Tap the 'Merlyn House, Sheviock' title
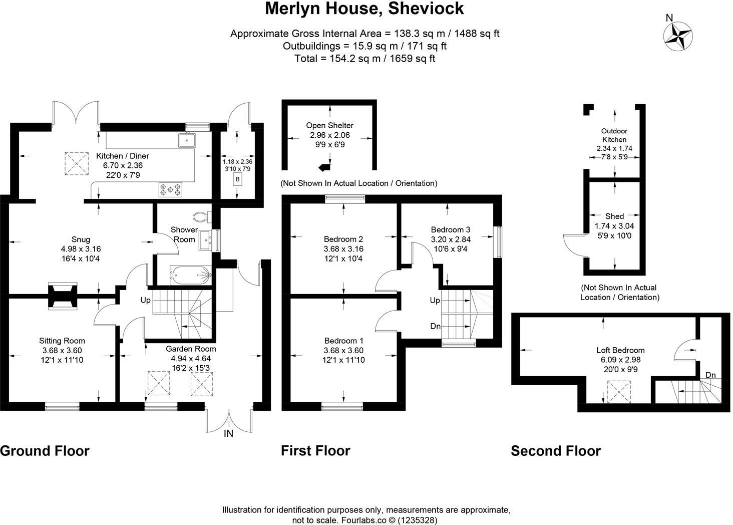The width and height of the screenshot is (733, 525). click(x=364, y=9)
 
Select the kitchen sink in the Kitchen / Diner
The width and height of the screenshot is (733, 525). click(x=186, y=140)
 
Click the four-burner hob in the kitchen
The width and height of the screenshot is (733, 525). click(x=170, y=189)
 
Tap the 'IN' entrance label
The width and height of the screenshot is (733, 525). click(x=228, y=434)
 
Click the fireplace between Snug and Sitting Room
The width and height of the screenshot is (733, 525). click(x=63, y=295)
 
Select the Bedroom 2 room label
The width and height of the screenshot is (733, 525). click(x=343, y=239)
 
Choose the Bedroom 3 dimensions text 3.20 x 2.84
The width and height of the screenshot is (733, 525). click(x=451, y=239)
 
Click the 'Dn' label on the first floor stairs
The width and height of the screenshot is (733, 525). click(x=435, y=326)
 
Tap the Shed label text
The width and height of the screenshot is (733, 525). click(x=614, y=216)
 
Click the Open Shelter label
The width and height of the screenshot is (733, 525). click(x=329, y=125)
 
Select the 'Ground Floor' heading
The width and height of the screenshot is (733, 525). click(x=45, y=451)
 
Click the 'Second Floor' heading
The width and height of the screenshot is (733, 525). click(x=555, y=451)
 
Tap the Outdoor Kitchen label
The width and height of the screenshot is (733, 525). click(x=614, y=135)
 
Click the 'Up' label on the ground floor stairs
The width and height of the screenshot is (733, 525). click(x=145, y=301)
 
